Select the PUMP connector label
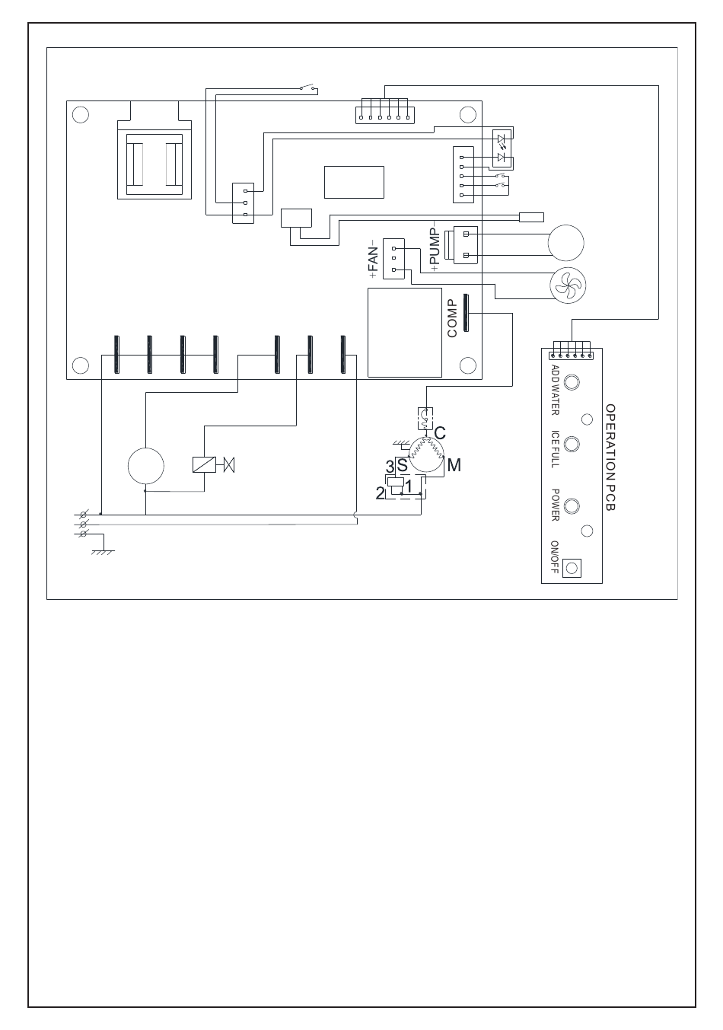[435, 247]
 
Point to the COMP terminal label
[452, 318]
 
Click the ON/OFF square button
[572, 566]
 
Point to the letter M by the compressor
[454, 464]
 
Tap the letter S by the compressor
[402, 464]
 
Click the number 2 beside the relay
[380, 493]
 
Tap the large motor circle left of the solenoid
[146, 466]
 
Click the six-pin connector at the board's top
[385, 113]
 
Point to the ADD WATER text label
[555, 389]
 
